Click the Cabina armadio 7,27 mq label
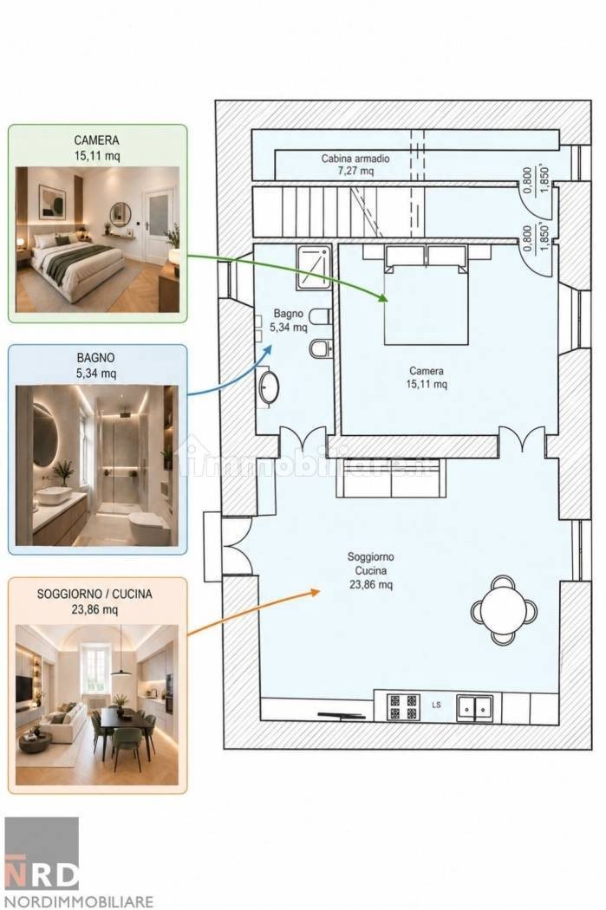click(355, 165)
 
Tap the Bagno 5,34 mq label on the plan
click(289, 321)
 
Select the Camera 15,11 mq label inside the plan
click(427, 377)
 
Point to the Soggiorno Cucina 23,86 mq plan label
click(371, 570)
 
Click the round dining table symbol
click(504, 610)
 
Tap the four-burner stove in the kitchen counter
click(403, 706)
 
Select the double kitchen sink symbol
click(475, 707)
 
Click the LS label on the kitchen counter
click(436, 705)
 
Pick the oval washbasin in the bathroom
click(269, 387)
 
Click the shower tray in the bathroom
click(314, 267)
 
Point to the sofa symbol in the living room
click(391, 478)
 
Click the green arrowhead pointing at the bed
click(383, 298)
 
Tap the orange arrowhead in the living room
click(316, 591)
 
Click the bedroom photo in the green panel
click(97, 240)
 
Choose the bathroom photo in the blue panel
click(97, 465)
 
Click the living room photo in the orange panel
click(97, 705)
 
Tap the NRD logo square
click(42, 854)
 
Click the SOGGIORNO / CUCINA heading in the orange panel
click(94, 595)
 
